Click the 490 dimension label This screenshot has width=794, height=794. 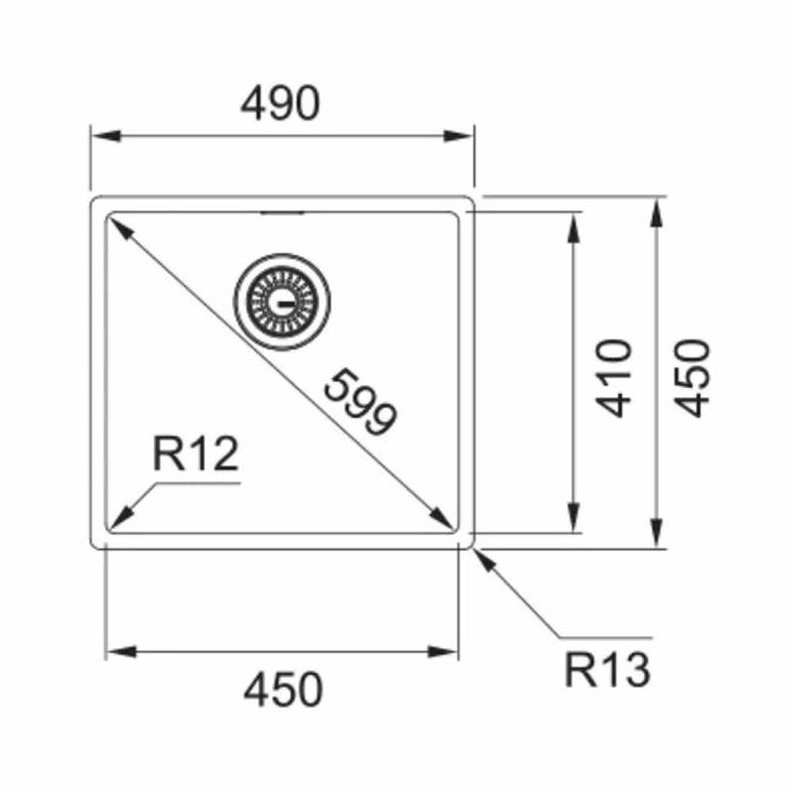tap(280, 103)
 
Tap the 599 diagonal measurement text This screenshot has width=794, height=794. tap(360, 403)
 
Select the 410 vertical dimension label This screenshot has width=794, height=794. tap(613, 378)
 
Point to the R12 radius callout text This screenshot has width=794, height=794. tap(196, 455)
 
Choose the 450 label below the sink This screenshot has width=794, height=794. tap(283, 689)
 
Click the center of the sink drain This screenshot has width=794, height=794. tap(282, 302)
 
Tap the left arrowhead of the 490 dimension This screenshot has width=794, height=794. tap(106, 136)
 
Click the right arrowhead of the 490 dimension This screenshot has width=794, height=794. tap(458, 136)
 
